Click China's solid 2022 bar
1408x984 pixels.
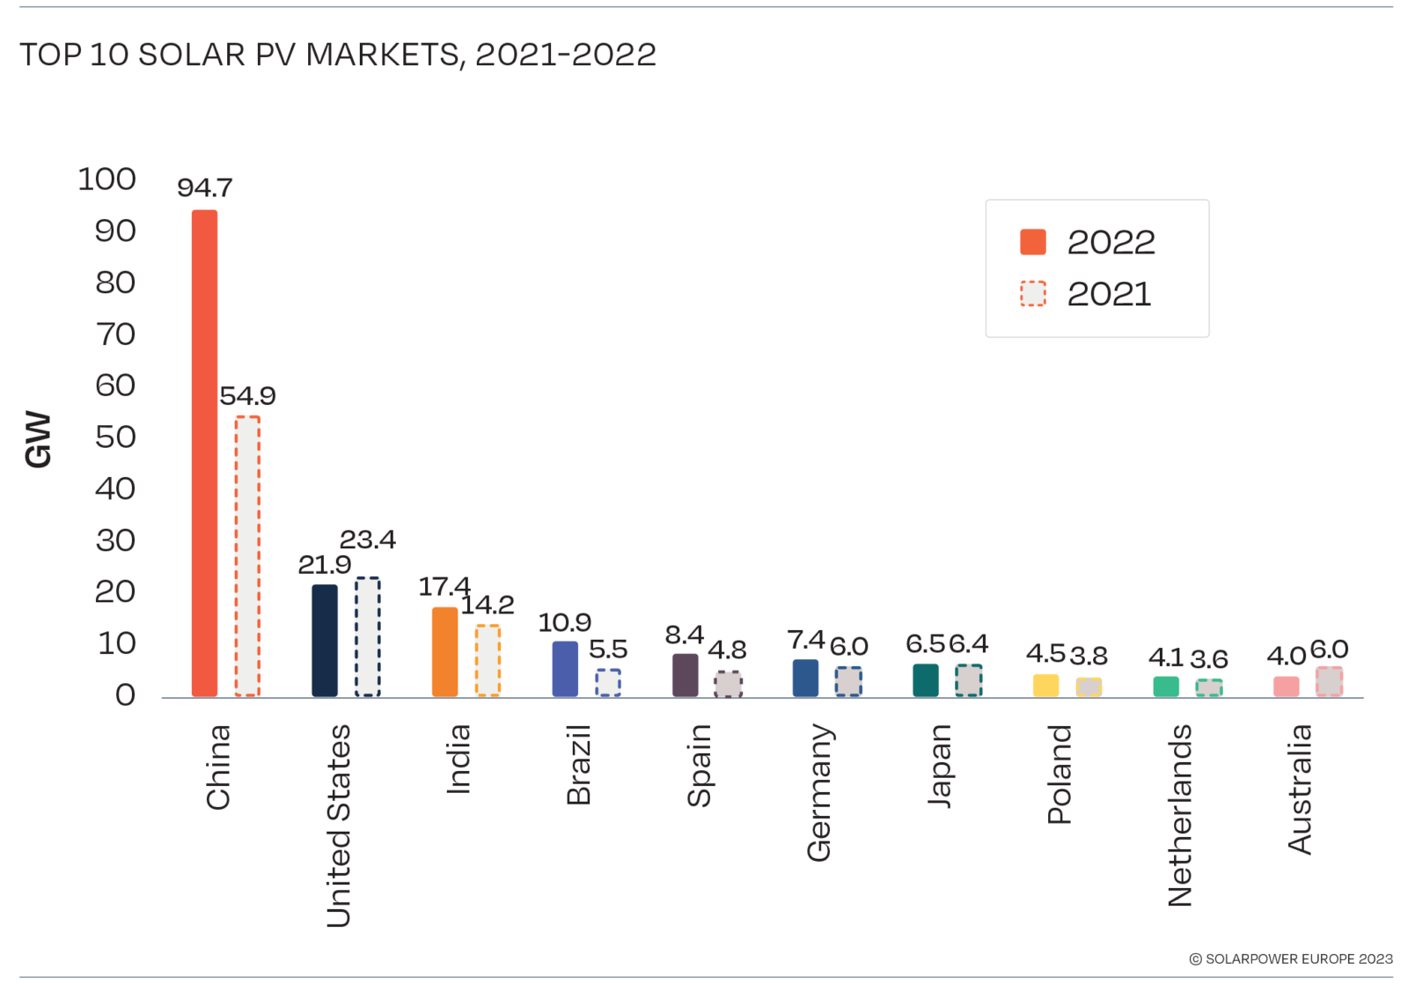(204, 453)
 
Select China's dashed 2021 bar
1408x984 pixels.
(247, 556)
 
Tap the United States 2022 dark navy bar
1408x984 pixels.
(325, 641)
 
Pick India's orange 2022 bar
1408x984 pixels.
(444, 652)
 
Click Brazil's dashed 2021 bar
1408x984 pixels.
(608, 683)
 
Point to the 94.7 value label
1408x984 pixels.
(204, 187)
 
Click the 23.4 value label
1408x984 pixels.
(368, 539)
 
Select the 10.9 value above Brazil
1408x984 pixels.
(564, 622)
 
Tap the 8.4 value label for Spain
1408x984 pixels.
(684, 635)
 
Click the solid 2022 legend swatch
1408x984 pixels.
(1033, 242)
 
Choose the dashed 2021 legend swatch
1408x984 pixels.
(1033, 294)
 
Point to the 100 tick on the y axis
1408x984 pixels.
(106, 180)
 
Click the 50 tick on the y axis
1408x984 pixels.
(115, 437)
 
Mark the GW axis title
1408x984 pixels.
(39, 439)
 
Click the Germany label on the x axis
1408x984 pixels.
(818, 792)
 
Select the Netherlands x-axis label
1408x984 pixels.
(1179, 815)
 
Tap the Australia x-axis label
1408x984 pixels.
(1299, 789)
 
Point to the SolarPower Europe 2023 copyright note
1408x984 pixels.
(1291, 958)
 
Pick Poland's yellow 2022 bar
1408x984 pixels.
(1045, 686)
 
